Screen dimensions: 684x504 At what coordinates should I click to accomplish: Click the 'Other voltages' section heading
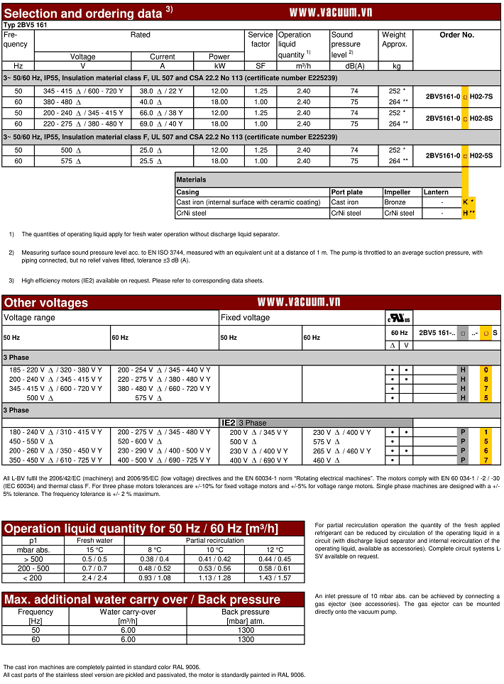click(x=46, y=303)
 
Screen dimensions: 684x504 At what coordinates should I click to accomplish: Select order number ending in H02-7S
click(x=459, y=96)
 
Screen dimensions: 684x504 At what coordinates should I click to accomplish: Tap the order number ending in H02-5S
click(x=459, y=155)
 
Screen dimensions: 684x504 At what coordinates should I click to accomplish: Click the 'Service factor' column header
click(x=261, y=39)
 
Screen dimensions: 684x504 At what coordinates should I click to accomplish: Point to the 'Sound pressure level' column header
click(x=346, y=44)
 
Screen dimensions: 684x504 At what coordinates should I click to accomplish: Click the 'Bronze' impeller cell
click(x=395, y=202)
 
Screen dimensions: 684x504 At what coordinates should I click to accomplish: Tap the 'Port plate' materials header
click(x=347, y=192)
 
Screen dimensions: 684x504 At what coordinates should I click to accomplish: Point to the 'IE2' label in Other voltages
click(x=229, y=423)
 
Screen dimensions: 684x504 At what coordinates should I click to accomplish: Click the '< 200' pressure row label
click(x=31, y=578)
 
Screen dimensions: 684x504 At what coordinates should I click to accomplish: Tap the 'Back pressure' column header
click(x=246, y=612)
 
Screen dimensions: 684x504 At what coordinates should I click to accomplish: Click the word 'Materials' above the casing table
click(x=192, y=180)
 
